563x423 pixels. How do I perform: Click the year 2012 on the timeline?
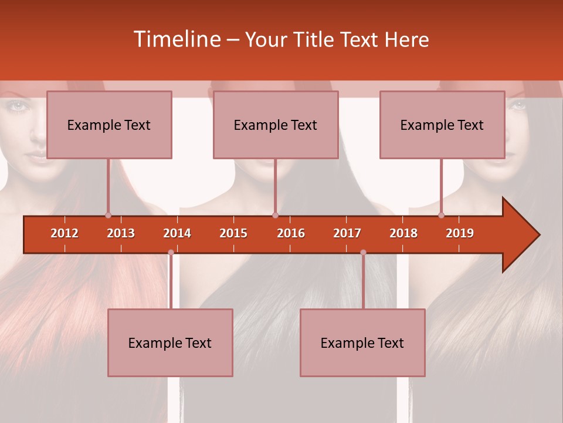[x=65, y=233]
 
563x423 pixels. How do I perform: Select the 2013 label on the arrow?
[x=121, y=233]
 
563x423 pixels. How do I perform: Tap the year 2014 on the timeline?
[x=177, y=233]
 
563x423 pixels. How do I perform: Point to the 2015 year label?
[x=233, y=233]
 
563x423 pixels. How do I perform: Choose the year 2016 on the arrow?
[x=291, y=233]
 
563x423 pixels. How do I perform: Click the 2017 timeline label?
[x=347, y=233]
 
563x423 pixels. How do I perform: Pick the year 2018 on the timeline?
[x=403, y=233]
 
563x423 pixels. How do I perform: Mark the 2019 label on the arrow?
[x=460, y=233]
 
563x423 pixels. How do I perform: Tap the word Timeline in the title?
[x=176, y=39]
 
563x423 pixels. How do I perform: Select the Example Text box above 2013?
[x=109, y=125]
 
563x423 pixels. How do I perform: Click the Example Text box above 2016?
[x=276, y=125]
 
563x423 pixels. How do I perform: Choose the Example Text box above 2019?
[x=442, y=125]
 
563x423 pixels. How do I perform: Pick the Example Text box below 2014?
[x=170, y=343]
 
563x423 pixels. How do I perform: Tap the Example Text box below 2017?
[x=362, y=343]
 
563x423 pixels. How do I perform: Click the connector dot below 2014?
[x=171, y=252]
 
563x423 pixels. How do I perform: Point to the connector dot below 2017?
[x=363, y=252]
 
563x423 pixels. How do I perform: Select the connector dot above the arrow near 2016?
[x=275, y=215]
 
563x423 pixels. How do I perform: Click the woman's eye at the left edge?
[x=19, y=106]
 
